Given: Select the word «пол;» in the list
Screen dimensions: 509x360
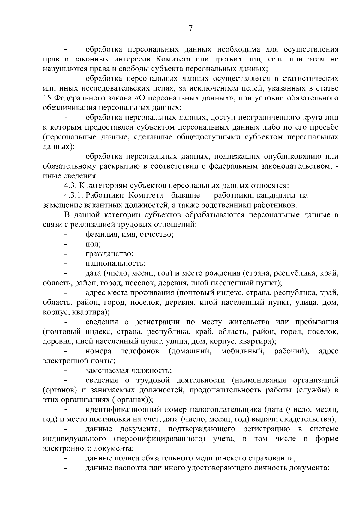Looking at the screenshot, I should click(x=93, y=244).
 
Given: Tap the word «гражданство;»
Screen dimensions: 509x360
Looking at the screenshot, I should click(x=109, y=254).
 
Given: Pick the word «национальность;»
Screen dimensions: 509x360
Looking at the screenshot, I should click(x=115, y=264).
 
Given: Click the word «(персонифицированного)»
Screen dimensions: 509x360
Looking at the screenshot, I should click(x=159, y=439).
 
